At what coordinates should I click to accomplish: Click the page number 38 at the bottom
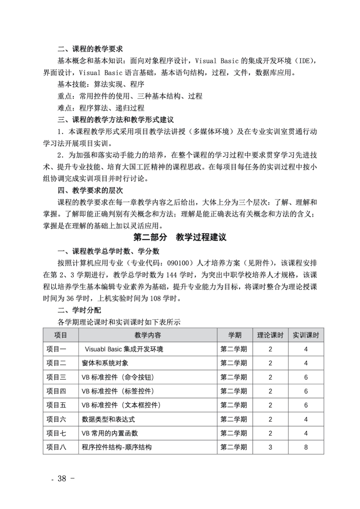[x=62, y=478]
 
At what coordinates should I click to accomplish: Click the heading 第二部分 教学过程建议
[x=180, y=237]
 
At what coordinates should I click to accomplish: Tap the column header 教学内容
[x=148, y=335]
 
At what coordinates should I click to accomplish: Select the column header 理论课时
[x=270, y=335]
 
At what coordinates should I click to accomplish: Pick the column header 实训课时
[x=306, y=335]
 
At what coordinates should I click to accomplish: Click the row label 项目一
[x=56, y=349]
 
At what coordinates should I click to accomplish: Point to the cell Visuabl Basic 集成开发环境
[x=124, y=349]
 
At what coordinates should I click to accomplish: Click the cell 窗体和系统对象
[x=105, y=363]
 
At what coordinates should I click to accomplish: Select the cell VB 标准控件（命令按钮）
[x=118, y=377]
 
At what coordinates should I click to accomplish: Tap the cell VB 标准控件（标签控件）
[x=118, y=391]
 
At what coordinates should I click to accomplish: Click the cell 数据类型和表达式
[x=108, y=419]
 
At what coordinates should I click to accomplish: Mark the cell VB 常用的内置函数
[x=110, y=433]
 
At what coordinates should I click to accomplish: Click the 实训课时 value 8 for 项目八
[x=306, y=447]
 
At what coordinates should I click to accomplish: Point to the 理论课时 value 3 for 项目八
[x=270, y=447]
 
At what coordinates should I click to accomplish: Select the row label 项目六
[x=56, y=419]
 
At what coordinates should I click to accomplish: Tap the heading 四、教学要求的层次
[x=90, y=191]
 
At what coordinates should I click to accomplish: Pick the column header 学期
[x=235, y=335]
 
